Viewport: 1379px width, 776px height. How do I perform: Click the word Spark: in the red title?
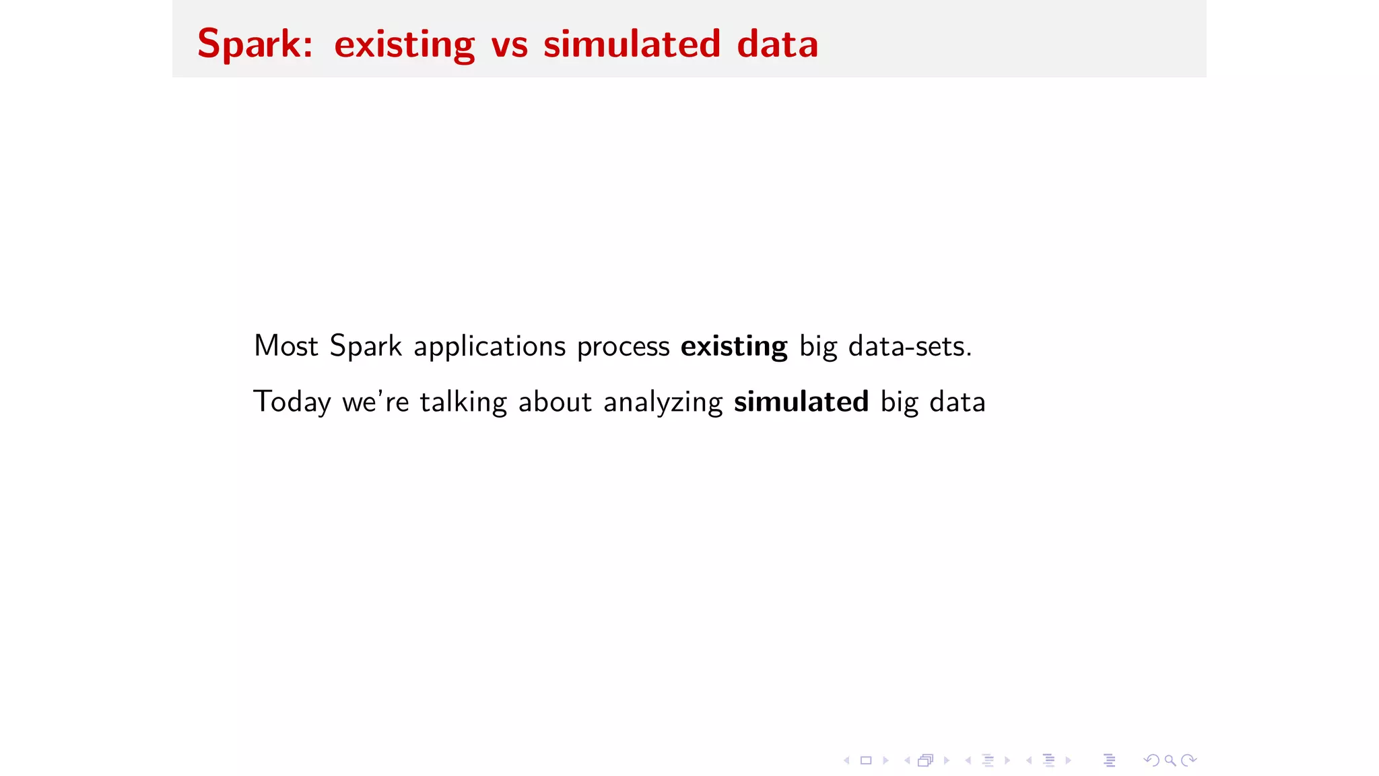(x=255, y=44)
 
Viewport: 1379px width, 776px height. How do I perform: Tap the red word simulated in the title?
(x=632, y=44)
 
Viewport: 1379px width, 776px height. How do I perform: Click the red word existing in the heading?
(x=404, y=44)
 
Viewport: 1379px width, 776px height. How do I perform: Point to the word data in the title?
(x=777, y=44)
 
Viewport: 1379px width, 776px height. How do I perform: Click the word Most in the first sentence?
(x=285, y=346)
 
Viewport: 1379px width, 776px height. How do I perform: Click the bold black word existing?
(x=734, y=347)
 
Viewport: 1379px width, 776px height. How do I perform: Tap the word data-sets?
(x=909, y=346)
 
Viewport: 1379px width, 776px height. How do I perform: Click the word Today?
(x=292, y=403)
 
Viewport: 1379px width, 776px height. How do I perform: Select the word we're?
(x=375, y=402)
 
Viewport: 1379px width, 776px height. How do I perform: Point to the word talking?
(x=463, y=403)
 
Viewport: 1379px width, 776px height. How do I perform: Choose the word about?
(x=555, y=402)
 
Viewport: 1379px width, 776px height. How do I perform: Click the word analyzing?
(x=663, y=403)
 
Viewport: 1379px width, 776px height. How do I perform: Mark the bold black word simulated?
(x=801, y=402)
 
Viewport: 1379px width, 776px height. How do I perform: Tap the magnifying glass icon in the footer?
(x=1170, y=761)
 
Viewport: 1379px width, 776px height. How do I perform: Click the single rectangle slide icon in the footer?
(x=866, y=761)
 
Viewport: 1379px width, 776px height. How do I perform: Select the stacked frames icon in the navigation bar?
(x=926, y=761)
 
